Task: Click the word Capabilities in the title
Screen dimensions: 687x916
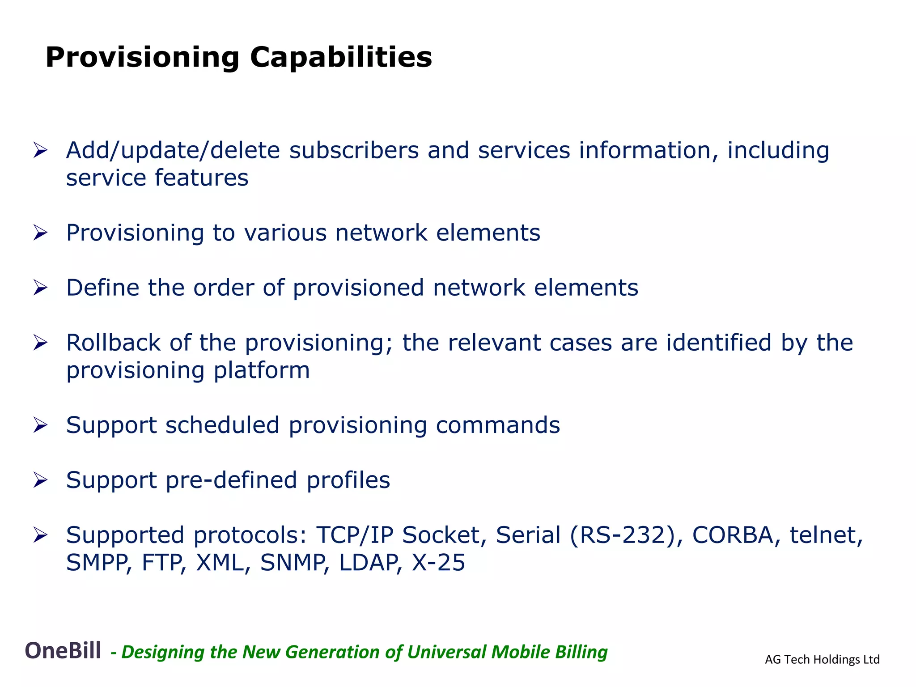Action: coord(341,57)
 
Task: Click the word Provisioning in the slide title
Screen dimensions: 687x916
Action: coord(142,57)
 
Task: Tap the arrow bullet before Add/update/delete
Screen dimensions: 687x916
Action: coord(40,150)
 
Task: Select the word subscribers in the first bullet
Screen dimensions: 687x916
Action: coord(354,150)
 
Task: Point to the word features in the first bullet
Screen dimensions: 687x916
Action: coord(201,178)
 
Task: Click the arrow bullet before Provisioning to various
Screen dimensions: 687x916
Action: coord(40,233)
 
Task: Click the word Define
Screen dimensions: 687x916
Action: coord(103,288)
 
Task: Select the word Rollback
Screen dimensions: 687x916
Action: coord(113,343)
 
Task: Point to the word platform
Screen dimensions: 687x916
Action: coord(261,370)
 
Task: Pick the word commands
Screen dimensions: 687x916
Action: coord(497,425)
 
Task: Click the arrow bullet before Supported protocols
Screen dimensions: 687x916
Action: coord(40,535)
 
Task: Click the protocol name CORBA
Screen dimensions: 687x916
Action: coord(733,535)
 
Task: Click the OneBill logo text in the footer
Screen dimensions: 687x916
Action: coord(63,650)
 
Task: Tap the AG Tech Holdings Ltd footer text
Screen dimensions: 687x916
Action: coord(822,659)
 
